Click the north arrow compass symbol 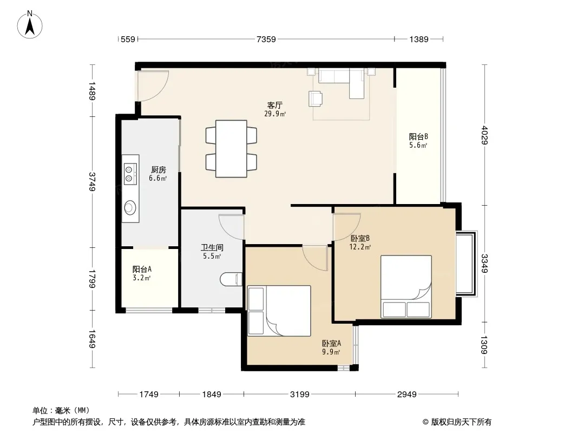(30, 25)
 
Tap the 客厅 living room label (275, 106)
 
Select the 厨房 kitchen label (158, 170)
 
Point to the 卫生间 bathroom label (212, 248)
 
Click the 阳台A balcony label (142, 270)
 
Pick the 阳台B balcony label (418, 136)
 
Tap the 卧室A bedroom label (332, 343)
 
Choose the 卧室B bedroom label (360, 238)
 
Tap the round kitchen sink (130, 207)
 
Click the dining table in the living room (231, 149)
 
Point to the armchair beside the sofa (316, 99)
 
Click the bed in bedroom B (406, 286)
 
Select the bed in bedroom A (279, 311)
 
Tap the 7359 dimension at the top (266, 39)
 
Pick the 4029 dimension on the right (484, 135)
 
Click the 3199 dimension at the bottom (299, 395)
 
